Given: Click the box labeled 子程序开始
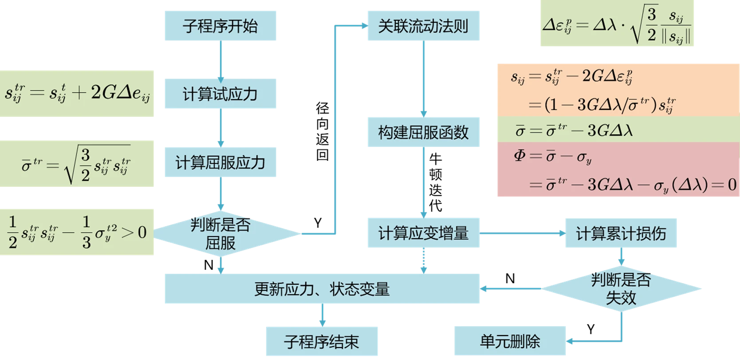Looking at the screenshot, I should point(220,27).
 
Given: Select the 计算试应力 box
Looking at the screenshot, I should point(220,94).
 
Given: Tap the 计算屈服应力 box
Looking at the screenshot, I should point(220,162).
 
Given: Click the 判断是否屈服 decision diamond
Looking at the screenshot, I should point(220,234).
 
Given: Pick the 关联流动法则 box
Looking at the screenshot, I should point(423,27).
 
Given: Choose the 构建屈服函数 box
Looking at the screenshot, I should point(423,133).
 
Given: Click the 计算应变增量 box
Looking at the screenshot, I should point(423,233).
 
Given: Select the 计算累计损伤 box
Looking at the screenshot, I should point(621,233).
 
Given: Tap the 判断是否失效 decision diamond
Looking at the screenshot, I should point(621,289).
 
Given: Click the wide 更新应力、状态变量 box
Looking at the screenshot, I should point(323,289).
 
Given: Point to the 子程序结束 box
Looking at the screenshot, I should point(321,342).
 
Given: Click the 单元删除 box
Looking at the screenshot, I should point(510,342).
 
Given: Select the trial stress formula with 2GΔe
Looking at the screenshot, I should point(78,93).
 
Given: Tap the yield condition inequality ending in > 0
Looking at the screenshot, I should point(78,232).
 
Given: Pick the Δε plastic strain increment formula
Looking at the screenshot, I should point(617,26).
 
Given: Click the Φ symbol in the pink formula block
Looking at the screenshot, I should point(520,156).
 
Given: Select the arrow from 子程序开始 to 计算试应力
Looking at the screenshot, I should point(220,61).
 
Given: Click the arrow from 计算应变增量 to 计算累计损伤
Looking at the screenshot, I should point(523,233).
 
